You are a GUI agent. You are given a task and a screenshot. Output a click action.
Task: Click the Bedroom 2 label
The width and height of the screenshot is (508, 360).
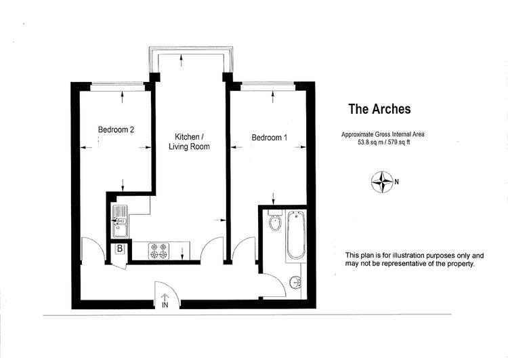click(x=116, y=129)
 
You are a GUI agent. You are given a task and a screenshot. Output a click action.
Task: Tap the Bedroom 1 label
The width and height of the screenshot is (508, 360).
click(x=269, y=138)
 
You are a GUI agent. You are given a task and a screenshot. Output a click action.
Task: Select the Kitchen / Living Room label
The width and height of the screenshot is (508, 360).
click(x=189, y=142)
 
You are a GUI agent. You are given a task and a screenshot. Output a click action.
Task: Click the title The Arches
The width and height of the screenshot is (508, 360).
click(x=379, y=109)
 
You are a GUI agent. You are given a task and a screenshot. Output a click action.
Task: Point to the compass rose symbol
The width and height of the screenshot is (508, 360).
click(x=382, y=182)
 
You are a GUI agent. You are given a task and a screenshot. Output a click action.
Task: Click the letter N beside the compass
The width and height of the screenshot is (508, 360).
click(x=396, y=182)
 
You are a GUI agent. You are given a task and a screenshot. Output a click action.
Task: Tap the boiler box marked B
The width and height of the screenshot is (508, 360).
click(x=120, y=249)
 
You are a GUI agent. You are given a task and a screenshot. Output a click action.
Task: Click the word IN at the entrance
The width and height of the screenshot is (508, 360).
click(x=165, y=305)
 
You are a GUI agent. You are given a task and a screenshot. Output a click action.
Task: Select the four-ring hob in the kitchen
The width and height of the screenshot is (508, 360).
click(x=159, y=251)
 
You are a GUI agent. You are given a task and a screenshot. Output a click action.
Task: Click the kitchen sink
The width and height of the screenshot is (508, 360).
click(x=119, y=221)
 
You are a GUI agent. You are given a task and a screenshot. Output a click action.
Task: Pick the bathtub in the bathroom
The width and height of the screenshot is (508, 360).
click(x=296, y=235)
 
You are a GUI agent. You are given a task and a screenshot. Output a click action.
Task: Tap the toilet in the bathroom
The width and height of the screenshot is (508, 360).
click(x=275, y=220)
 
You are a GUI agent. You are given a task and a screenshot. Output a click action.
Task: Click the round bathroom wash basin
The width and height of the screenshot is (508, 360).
click(x=296, y=281)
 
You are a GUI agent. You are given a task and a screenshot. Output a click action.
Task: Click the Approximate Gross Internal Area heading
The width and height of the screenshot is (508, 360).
click(x=383, y=134)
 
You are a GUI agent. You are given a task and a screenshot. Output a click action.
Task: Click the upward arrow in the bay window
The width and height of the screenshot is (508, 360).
click(x=181, y=60)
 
